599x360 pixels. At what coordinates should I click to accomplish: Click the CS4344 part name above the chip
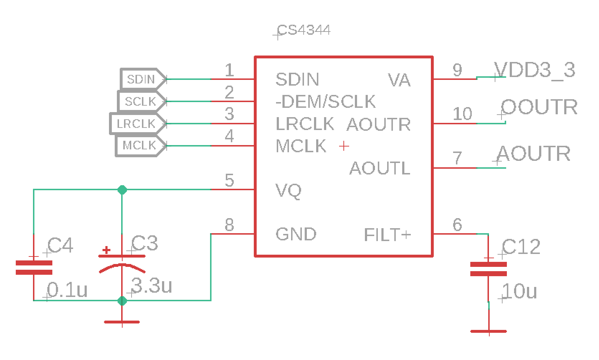click(304, 30)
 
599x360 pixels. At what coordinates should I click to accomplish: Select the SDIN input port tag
click(142, 79)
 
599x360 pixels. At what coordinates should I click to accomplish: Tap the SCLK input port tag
click(141, 101)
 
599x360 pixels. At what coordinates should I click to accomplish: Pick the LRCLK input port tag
click(136, 124)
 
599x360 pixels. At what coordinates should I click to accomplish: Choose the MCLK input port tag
click(139, 145)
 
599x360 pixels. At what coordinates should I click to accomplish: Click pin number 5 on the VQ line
click(229, 180)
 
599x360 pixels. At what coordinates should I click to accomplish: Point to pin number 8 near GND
click(229, 225)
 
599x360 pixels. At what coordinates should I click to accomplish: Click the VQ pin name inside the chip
click(288, 191)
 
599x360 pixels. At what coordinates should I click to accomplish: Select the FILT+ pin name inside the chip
click(387, 235)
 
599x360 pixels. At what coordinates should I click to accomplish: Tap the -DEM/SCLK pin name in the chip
click(325, 102)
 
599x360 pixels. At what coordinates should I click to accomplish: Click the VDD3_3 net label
click(534, 70)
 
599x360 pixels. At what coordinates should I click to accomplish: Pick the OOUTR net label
click(539, 107)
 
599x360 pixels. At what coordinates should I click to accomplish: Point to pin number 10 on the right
click(462, 114)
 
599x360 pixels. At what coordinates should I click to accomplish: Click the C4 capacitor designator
click(60, 246)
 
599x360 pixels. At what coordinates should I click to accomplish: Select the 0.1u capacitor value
click(67, 290)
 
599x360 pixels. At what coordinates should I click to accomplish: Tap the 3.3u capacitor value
click(152, 286)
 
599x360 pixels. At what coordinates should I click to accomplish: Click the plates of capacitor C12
click(488, 269)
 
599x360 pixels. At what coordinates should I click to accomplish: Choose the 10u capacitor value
click(519, 291)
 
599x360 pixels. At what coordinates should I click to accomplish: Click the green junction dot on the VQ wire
click(122, 190)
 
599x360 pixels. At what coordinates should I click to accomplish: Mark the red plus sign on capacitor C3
click(106, 250)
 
